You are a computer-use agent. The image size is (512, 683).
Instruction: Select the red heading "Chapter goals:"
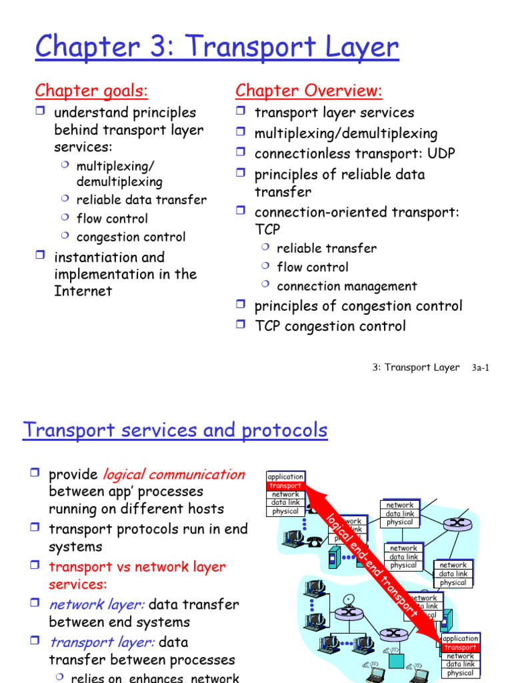click(x=91, y=90)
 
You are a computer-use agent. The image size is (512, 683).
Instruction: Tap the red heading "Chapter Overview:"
click(x=309, y=90)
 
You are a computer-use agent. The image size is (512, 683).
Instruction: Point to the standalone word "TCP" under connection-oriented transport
click(x=267, y=229)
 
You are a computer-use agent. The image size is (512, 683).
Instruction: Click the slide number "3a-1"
click(x=480, y=368)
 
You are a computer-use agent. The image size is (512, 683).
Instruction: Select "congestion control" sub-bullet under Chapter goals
click(x=131, y=237)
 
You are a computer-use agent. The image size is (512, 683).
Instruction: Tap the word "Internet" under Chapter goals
click(x=83, y=291)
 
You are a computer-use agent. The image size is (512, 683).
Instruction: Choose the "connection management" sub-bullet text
click(x=347, y=286)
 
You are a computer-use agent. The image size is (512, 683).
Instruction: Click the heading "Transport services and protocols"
click(x=175, y=430)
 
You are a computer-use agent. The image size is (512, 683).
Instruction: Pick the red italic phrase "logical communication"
click(x=173, y=474)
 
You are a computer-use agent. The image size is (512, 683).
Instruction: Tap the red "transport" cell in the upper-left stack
click(x=285, y=486)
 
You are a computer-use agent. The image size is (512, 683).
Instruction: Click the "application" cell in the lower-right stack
click(x=461, y=638)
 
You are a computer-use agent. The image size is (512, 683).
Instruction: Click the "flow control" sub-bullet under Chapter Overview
click(x=312, y=267)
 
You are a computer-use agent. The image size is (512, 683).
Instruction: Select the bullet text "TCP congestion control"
click(x=329, y=326)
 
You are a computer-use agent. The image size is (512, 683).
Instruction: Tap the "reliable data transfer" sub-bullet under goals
click(x=141, y=199)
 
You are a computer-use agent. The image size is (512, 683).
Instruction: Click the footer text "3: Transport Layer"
click(x=415, y=368)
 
